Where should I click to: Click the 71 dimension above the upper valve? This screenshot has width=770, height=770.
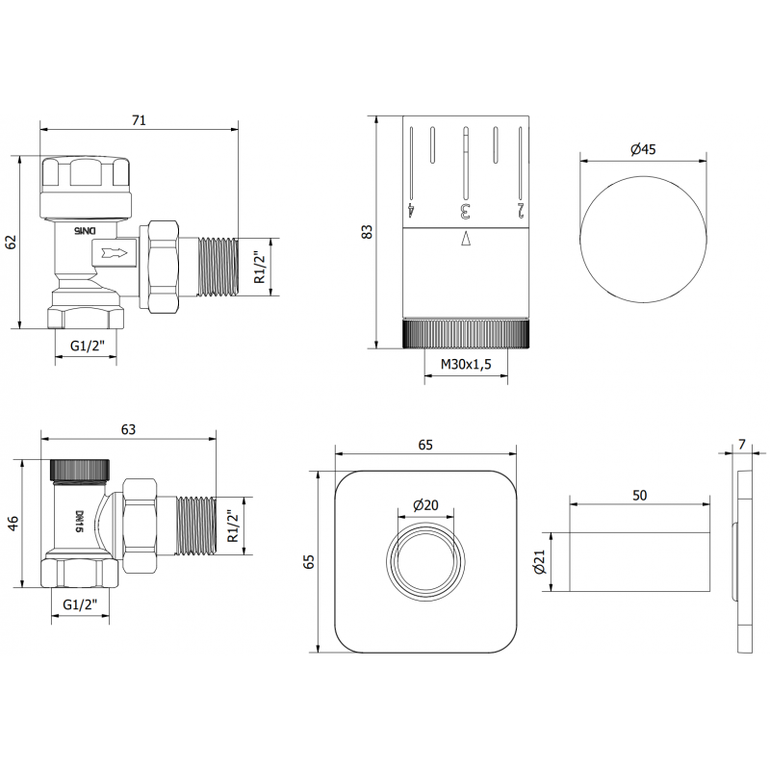(138, 120)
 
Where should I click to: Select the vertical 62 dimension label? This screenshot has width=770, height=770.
(13, 242)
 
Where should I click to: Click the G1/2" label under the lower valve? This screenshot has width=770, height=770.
(82, 603)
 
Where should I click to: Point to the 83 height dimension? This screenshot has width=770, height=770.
(367, 232)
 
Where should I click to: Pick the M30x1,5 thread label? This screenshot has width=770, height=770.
(466, 365)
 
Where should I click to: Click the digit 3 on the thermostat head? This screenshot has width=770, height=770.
(466, 208)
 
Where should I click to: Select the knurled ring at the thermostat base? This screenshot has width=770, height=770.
(466, 332)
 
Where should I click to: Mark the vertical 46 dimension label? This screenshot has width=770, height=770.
(13, 523)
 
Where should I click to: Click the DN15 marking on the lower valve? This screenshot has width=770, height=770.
(78, 521)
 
